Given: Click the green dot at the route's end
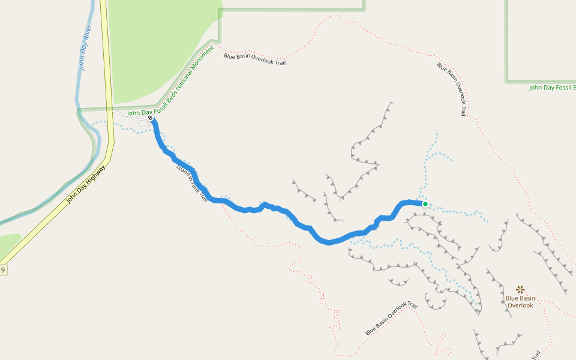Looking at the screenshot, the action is tap(425, 204).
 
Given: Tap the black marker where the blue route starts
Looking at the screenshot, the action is tap(150, 118).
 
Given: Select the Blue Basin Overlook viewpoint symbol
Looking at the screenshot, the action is tap(520, 289).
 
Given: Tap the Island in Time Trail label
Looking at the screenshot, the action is tap(192, 184).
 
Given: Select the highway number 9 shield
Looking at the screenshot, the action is tap(3, 270).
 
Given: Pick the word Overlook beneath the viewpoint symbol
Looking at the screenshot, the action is tap(520, 305).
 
